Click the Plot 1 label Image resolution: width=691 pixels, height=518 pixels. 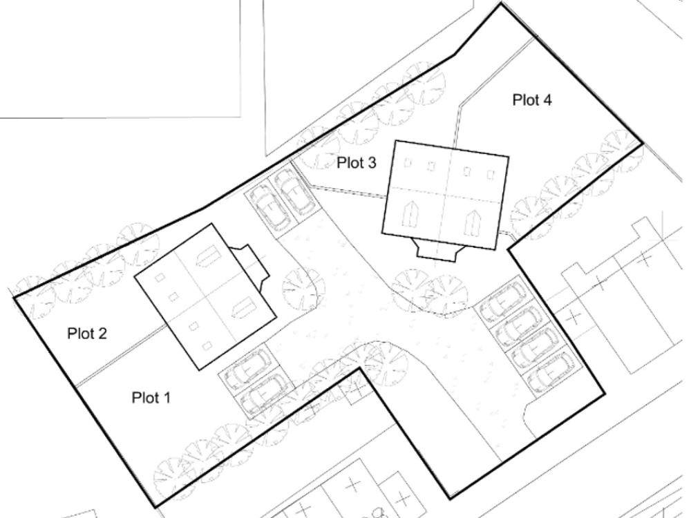(x=151, y=398)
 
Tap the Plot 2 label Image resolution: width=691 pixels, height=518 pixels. (x=87, y=334)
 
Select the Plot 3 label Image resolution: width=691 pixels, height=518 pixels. (x=357, y=162)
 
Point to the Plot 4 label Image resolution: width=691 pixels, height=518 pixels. (x=532, y=100)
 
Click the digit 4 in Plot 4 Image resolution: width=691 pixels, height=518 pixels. (x=547, y=100)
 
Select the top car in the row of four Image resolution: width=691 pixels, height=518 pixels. (x=504, y=303)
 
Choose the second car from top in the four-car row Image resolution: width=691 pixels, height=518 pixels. (x=519, y=326)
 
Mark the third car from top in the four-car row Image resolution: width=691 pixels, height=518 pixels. (x=535, y=350)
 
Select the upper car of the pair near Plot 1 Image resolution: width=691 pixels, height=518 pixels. (x=247, y=368)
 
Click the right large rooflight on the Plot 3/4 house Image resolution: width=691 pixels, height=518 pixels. (x=472, y=223)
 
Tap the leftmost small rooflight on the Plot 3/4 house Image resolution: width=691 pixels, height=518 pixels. (x=408, y=163)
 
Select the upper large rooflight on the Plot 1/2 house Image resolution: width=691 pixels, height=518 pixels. (x=207, y=256)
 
